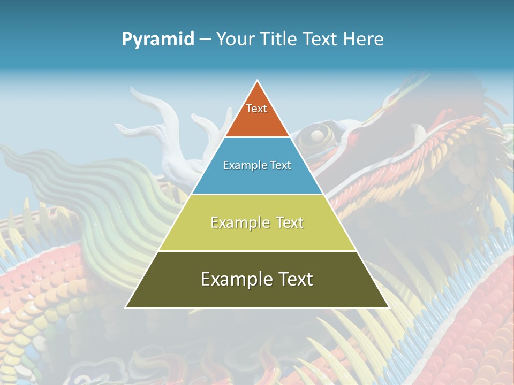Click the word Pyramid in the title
pyautogui.click(x=158, y=39)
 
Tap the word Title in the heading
pyautogui.click(x=283, y=39)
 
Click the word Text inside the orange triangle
pyautogui.click(x=256, y=109)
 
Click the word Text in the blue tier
pyautogui.click(x=281, y=166)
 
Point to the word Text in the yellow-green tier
pyautogui.click(x=290, y=222)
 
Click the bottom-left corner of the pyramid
pyautogui.click(x=125, y=307)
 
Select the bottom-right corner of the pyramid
pyautogui.click(x=389, y=307)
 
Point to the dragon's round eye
pyautogui.click(x=317, y=135)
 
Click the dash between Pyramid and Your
pyautogui.click(x=205, y=40)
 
